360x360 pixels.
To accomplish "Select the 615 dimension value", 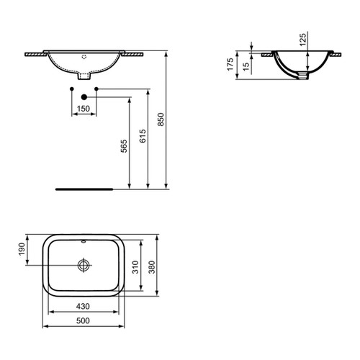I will click(143, 138).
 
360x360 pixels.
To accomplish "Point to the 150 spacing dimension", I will click(84, 109).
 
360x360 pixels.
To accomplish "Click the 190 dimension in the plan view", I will click(22, 249).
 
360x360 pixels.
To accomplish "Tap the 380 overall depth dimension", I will click(152, 268).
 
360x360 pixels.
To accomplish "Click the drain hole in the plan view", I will click(84, 265).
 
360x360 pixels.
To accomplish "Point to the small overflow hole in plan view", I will click(84, 243).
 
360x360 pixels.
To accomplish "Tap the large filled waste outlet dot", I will click(84, 96).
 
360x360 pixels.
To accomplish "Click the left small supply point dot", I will click(71, 89).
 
